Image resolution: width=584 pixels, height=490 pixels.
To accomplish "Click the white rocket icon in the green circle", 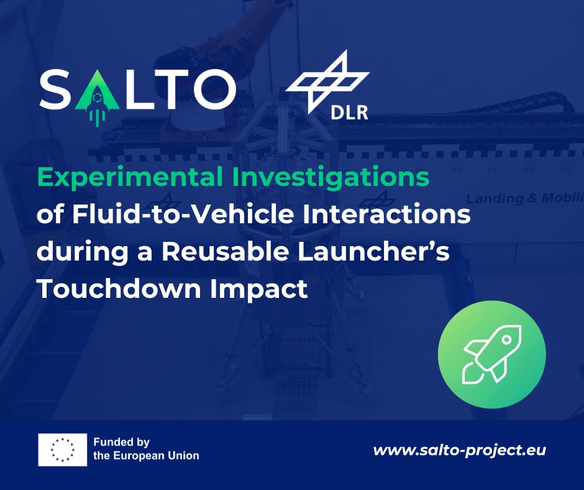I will click(x=491, y=354).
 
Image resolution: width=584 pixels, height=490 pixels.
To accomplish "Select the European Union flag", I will click(x=62, y=449).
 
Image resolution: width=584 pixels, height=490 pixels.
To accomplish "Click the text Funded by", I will click(x=122, y=443).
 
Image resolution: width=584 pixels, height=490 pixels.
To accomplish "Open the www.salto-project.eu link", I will click(x=459, y=450).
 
